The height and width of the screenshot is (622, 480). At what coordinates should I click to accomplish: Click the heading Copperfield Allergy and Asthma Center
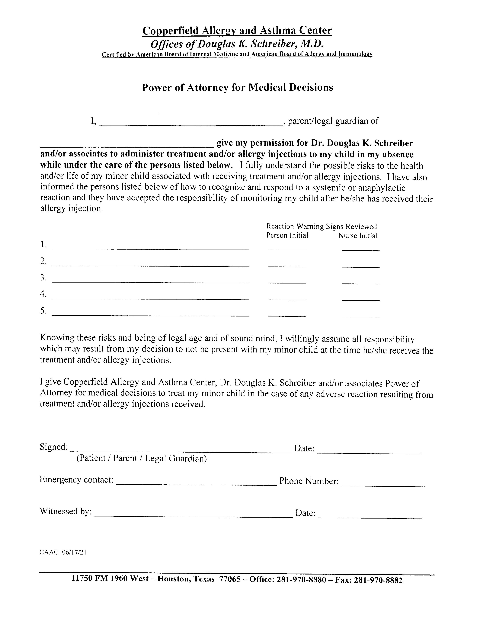tap(237, 31)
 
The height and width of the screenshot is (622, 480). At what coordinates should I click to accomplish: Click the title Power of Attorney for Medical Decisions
tap(237, 87)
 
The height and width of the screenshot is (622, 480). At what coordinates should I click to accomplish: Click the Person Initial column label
tap(287, 236)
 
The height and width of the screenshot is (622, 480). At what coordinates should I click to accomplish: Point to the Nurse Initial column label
tap(358, 236)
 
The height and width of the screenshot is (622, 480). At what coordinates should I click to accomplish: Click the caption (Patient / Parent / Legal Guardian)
tap(142, 459)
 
